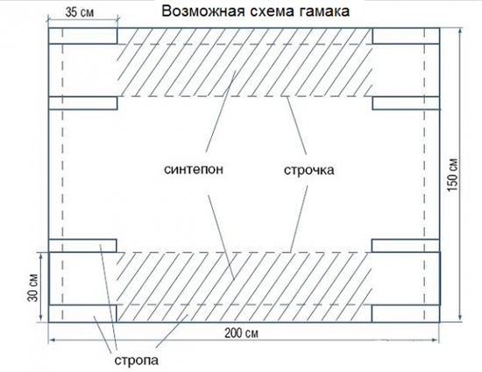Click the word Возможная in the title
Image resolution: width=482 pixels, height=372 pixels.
[203, 11]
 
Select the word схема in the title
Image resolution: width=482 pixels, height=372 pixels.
[272, 11]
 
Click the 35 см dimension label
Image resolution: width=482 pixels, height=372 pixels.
[79, 12]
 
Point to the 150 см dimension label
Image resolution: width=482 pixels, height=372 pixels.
[453, 175]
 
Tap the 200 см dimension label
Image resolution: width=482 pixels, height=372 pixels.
[241, 333]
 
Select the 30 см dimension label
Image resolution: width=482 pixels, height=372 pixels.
[33, 288]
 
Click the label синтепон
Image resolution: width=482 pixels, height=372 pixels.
[194, 169]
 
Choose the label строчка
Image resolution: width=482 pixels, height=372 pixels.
[309, 170]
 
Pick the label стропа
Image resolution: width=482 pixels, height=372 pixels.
[137, 361]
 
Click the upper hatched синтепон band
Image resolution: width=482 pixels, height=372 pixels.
[245, 62]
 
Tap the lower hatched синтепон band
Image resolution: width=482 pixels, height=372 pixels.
[245, 287]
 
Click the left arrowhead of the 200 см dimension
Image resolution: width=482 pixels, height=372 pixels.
[51, 340]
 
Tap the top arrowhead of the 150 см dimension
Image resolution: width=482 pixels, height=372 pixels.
[460, 31]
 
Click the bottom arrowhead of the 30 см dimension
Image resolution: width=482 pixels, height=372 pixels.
[41, 319]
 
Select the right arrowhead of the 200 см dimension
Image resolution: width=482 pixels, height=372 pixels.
[436, 340]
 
